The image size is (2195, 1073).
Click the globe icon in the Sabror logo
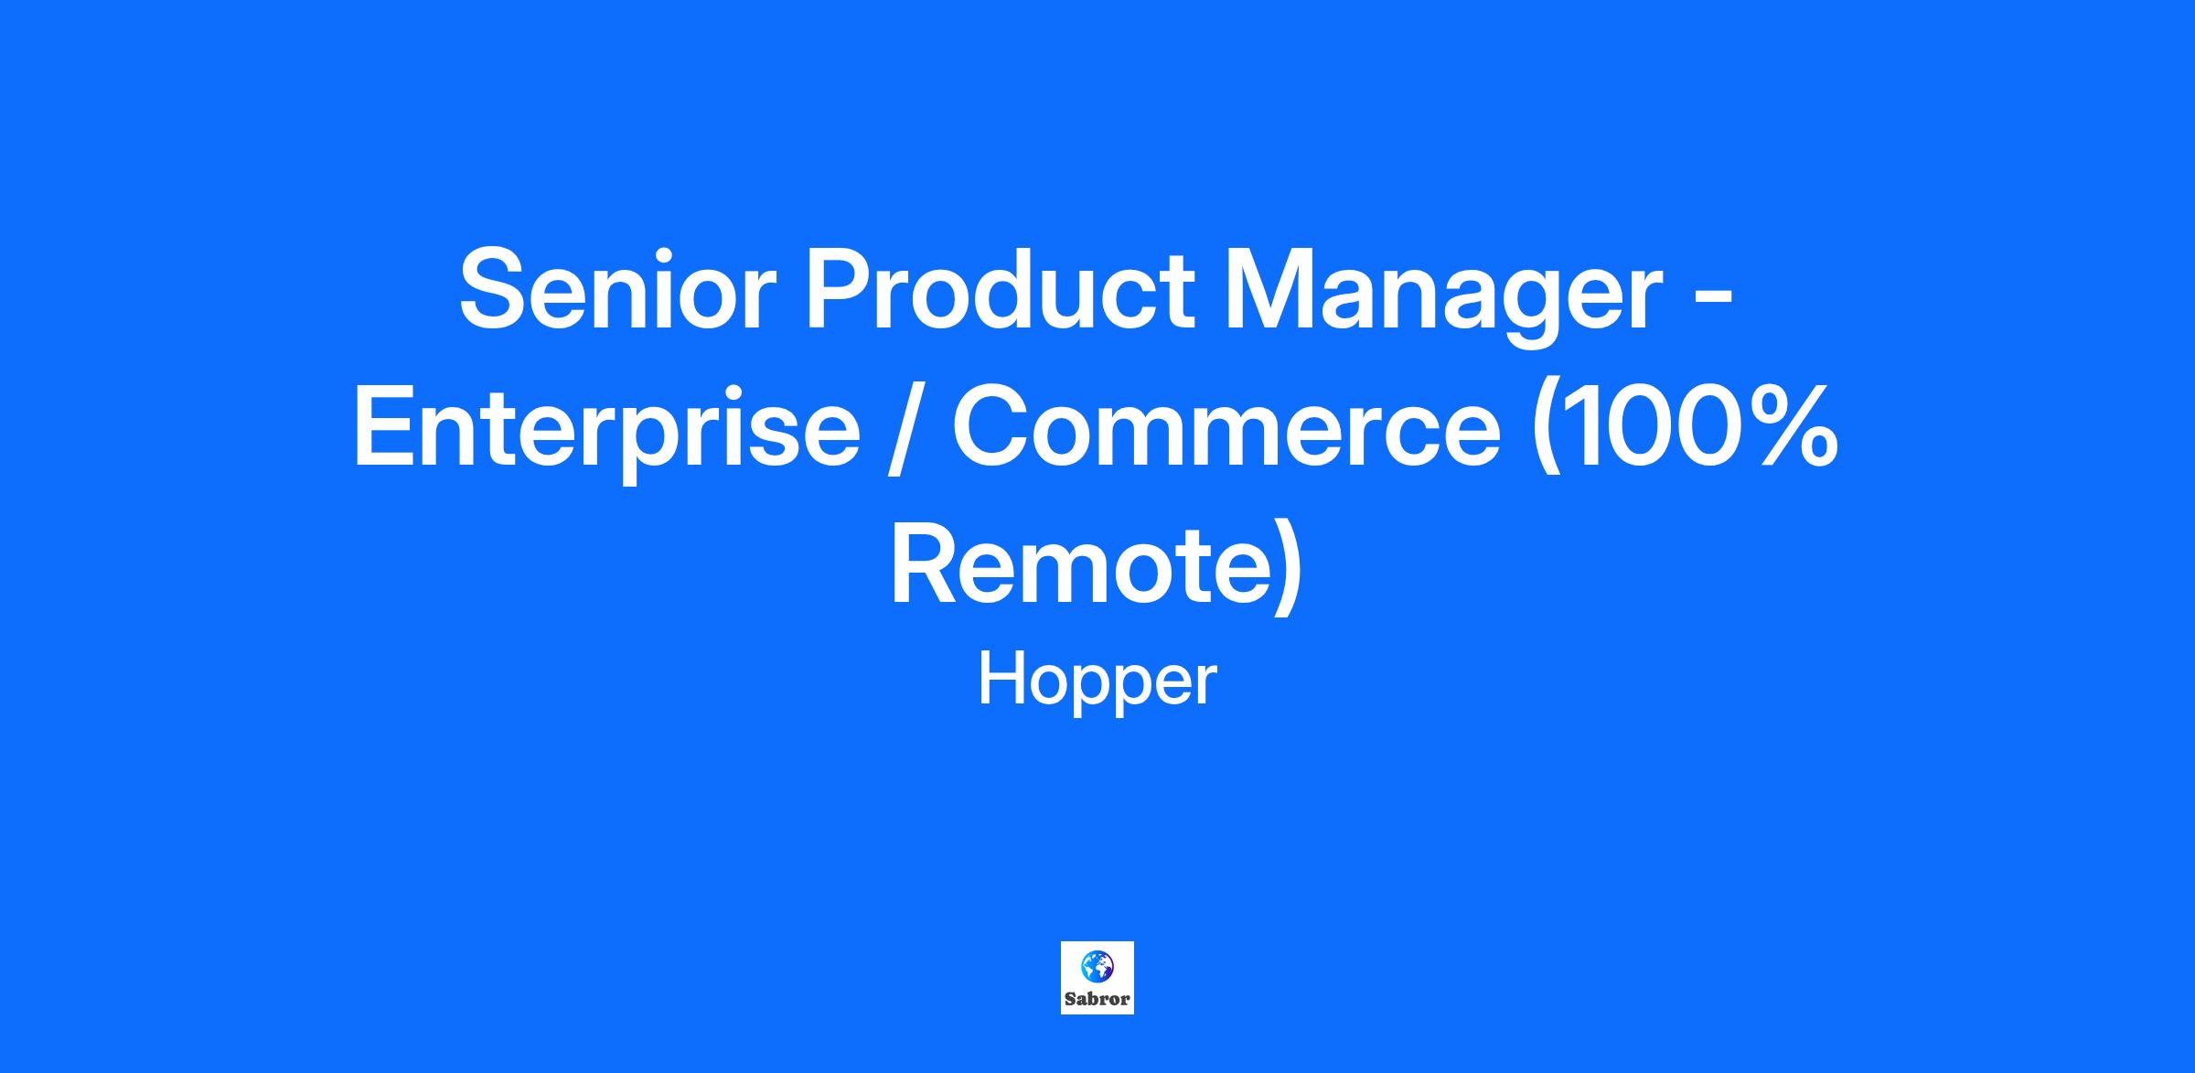pos(1097,964)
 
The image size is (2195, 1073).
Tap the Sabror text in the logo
pos(1097,999)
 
